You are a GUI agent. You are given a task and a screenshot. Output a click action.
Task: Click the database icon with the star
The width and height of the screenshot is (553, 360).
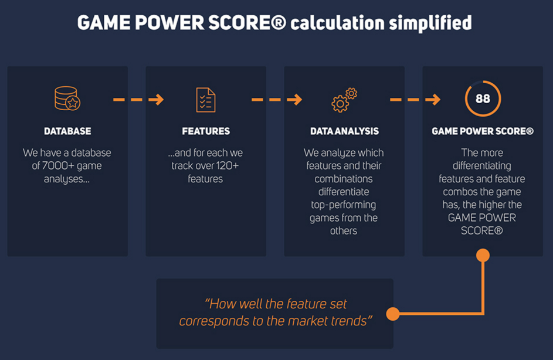click(x=67, y=99)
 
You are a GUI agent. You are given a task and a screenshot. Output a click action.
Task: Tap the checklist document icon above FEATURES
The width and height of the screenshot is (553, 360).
click(x=206, y=100)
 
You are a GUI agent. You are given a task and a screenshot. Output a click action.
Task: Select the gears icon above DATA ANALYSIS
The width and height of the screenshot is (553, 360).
click(x=344, y=100)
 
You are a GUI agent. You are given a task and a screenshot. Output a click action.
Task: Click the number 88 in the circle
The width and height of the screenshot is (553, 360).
click(x=483, y=99)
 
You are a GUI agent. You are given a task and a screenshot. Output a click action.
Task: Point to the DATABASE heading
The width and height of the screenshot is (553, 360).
click(x=67, y=131)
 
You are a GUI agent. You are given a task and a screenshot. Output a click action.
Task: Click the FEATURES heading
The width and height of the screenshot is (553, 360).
click(x=206, y=131)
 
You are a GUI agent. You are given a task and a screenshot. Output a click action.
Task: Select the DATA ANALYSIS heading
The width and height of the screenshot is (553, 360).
click(x=345, y=131)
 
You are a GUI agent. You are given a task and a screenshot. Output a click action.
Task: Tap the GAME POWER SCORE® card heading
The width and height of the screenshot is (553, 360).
click(x=483, y=131)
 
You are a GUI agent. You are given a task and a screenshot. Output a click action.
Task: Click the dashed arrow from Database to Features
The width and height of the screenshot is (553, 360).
click(x=138, y=100)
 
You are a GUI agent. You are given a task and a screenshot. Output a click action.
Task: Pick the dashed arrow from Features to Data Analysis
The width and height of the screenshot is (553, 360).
click(x=277, y=100)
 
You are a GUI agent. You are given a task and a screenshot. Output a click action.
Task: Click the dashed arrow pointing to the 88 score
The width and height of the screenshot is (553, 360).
click(x=415, y=100)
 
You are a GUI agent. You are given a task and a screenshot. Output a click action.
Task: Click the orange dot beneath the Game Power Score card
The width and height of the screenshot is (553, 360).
click(x=483, y=255)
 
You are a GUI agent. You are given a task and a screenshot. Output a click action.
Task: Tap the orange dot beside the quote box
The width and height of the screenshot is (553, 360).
click(x=392, y=314)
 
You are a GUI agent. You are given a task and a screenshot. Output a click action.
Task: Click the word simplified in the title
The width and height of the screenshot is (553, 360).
click(x=430, y=23)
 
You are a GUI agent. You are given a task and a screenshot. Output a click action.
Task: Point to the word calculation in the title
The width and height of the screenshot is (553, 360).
click(x=337, y=23)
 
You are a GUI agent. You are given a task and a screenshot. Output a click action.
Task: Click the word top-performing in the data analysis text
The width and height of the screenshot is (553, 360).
click(x=344, y=205)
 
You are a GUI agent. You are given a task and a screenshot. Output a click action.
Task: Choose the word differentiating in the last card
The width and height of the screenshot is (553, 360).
click(x=482, y=166)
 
